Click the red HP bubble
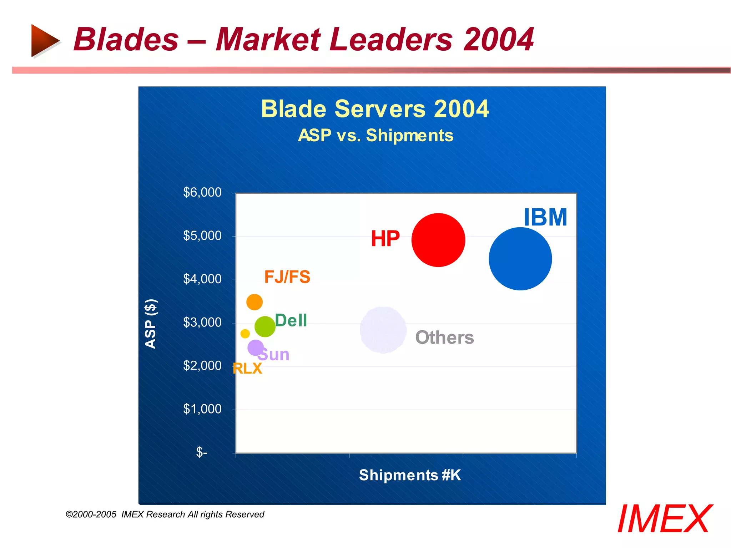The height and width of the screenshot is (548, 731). tap(438, 240)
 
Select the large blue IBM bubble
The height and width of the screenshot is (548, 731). tap(520, 259)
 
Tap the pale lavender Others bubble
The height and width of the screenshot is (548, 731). tap(383, 330)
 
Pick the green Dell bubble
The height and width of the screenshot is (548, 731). tap(265, 326)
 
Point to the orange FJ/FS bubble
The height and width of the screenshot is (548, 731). tap(254, 302)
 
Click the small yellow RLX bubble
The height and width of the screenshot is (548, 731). tap(245, 334)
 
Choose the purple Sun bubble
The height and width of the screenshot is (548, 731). tap(256, 347)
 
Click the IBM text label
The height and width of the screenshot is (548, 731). tap(545, 217)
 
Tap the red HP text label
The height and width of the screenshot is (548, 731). tap(385, 239)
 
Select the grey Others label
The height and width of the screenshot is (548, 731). tap(444, 337)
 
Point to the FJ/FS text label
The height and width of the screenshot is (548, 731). tap(287, 277)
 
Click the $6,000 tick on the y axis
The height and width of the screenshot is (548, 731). tap(202, 193)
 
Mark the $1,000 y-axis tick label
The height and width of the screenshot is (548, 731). tap(202, 409)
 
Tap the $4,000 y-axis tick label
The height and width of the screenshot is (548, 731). tap(202, 279)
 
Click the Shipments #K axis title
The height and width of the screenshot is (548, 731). tap(410, 475)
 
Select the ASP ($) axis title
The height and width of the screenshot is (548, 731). tap(151, 323)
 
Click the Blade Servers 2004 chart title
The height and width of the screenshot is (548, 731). tap(375, 109)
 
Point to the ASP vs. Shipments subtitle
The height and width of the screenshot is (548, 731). tap(375, 136)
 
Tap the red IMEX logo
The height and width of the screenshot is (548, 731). tap(665, 519)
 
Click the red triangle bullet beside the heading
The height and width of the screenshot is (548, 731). tap(44, 40)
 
